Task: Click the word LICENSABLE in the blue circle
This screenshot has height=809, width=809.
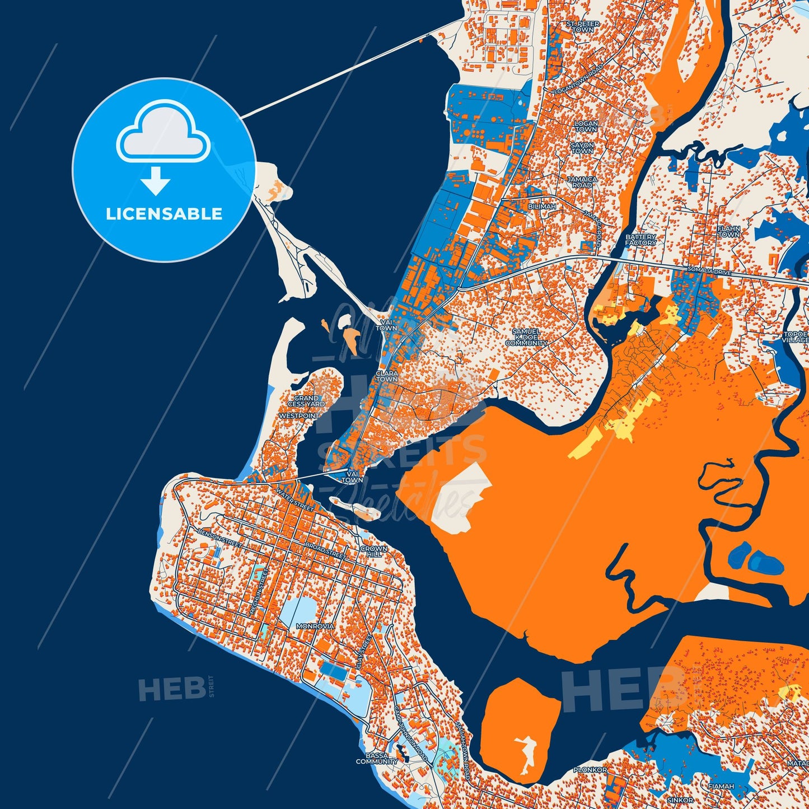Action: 164,214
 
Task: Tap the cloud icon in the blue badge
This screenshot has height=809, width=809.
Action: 163,133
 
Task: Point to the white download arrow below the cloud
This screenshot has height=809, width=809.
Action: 156,180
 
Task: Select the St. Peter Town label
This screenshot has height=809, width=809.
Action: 583,27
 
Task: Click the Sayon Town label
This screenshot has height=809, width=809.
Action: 582,148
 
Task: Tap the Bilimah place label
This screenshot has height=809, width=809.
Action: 542,207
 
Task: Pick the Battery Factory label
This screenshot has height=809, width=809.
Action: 640,240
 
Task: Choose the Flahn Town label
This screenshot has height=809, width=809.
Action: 729,232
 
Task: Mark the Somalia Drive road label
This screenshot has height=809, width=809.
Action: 709,272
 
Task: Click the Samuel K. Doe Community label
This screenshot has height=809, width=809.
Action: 526,337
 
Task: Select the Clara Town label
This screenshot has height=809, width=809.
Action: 387,376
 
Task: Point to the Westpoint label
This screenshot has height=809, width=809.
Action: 299,416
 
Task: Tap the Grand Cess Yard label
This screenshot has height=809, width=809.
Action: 306,401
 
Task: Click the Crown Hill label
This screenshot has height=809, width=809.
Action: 374,551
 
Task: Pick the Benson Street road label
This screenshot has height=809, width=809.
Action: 219,537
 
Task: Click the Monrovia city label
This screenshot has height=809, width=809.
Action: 315,626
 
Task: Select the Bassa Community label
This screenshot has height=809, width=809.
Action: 377,758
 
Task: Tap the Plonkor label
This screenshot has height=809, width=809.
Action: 590,770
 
